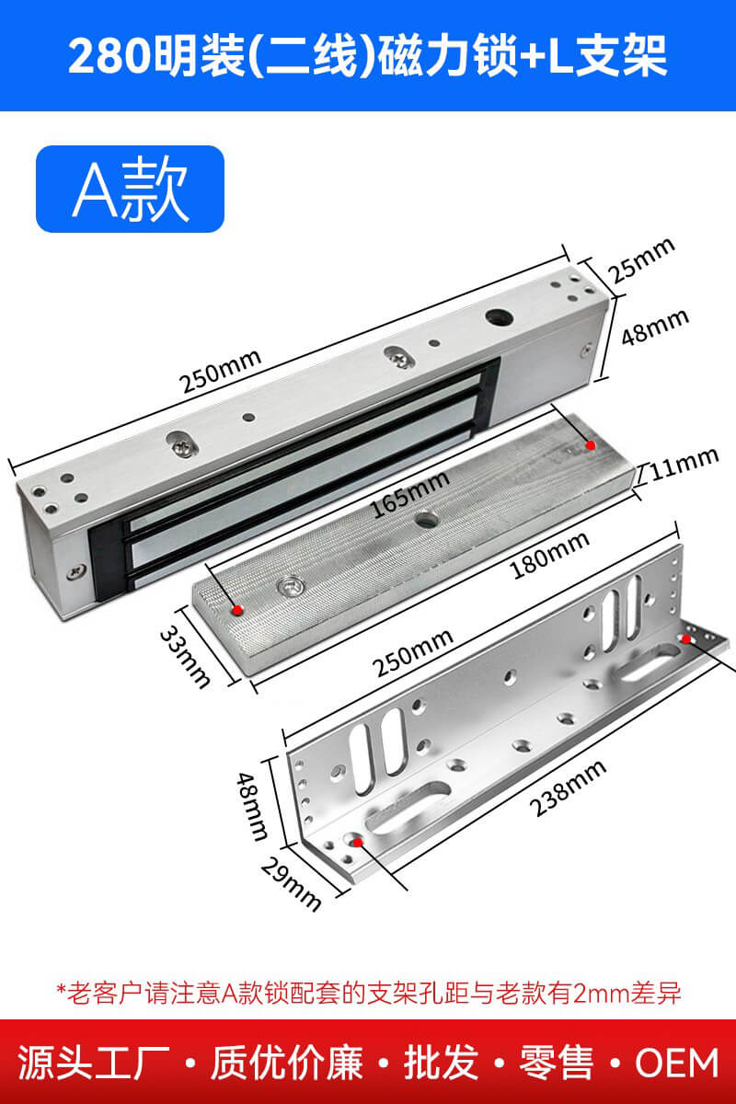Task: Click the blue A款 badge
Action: coord(130,189)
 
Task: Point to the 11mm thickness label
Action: coord(684,465)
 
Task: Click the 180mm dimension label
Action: coord(550,555)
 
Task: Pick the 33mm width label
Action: coord(185,656)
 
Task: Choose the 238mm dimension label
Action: coord(568,788)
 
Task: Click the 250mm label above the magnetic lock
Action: coord(220,372)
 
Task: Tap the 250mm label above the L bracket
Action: coord(412,653)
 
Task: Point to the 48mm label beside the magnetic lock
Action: coord(655,327)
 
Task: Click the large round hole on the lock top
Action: coord(499,316)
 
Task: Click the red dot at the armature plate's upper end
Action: coord(590,445)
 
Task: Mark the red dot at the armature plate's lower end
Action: coord(237,610)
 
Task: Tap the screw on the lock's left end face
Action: coord(77,571)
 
